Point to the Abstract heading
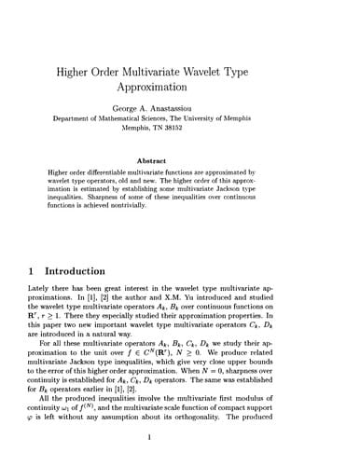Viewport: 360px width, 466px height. coord(180,160)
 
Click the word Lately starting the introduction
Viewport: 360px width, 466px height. coord(41,291)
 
